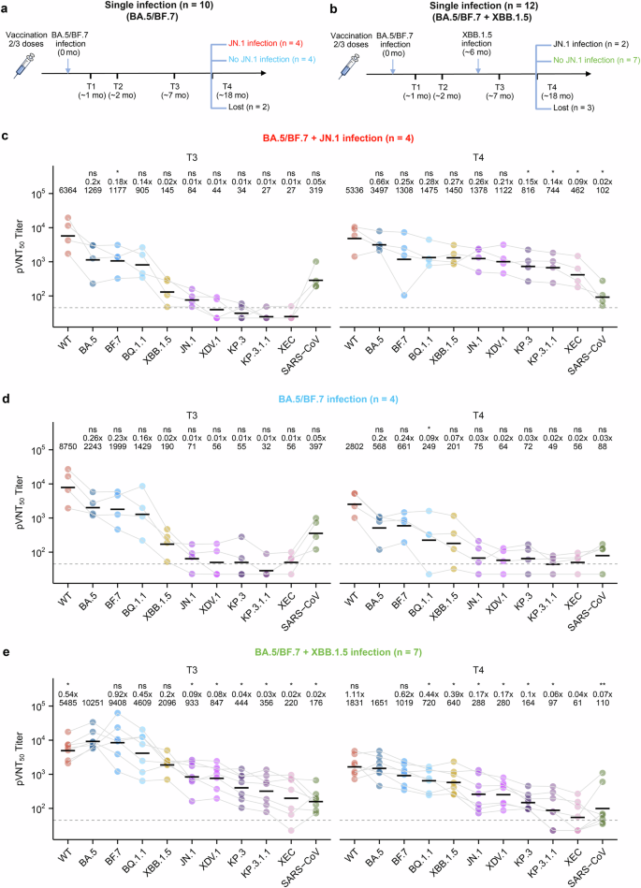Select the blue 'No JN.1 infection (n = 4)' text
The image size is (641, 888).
tap(261, 59)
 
